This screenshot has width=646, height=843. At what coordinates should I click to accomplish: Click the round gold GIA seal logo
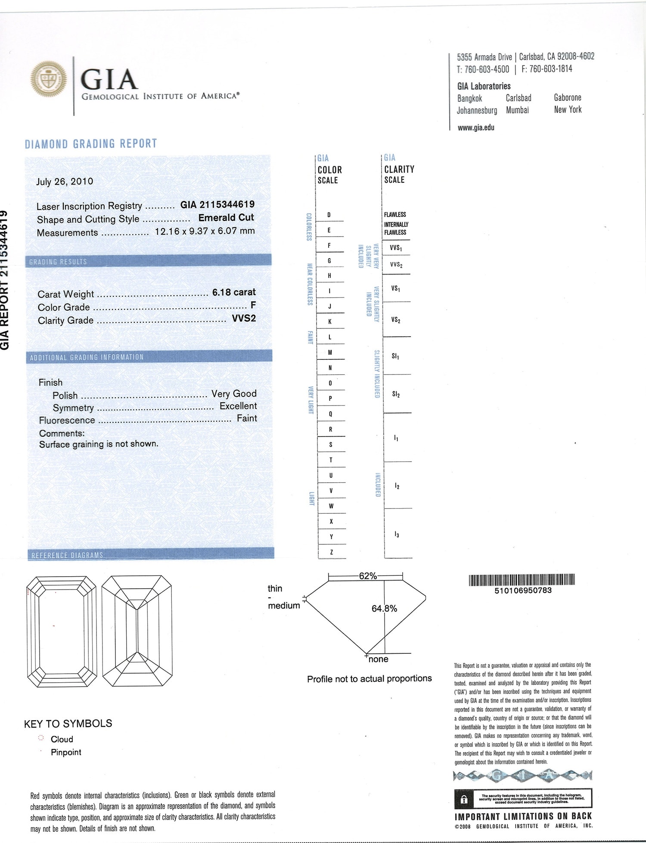click(x=49, y=79)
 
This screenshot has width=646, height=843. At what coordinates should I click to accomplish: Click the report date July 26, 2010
click(x=65, y=181)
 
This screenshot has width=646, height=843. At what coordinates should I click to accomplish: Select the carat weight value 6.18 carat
click(x=234, y=292)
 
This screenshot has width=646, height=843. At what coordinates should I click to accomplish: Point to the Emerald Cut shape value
click(x=226, y=218)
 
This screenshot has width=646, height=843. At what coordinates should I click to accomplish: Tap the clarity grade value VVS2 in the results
click(x=244, y=318)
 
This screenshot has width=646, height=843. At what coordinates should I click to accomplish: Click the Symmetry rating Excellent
click(x=238, y=406)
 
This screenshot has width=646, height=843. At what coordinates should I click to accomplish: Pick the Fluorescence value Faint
click(x=247, y=418)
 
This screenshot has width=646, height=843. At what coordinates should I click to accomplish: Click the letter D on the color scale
click(x=329, y=215)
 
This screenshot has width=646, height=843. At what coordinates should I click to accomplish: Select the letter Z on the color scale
click(x=331, y=552)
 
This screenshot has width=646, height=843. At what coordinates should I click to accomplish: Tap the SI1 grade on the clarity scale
click(x=395, y=356)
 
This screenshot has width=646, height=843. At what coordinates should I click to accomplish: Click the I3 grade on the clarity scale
click(x=397, y=534)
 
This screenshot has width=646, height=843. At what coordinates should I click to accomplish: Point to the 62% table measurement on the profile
click(x=368, y=576)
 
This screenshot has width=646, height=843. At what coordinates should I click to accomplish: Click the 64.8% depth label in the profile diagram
click(x=384, y=609)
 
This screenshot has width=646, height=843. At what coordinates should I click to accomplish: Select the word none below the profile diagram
click(x=378, y=659)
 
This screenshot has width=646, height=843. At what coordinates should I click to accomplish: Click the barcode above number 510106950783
click(x=522, y=580)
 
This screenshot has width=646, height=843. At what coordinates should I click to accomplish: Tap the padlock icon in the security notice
click(x=464, y=799)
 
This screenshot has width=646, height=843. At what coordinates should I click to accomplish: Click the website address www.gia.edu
click(x=476, y=128)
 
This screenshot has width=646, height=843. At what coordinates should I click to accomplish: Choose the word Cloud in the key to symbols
click(x=62, y=739)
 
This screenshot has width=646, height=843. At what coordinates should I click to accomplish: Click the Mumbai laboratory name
click(x=517, y=110)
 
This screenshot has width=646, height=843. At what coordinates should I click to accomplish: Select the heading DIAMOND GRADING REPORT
click(x=91, y=144)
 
